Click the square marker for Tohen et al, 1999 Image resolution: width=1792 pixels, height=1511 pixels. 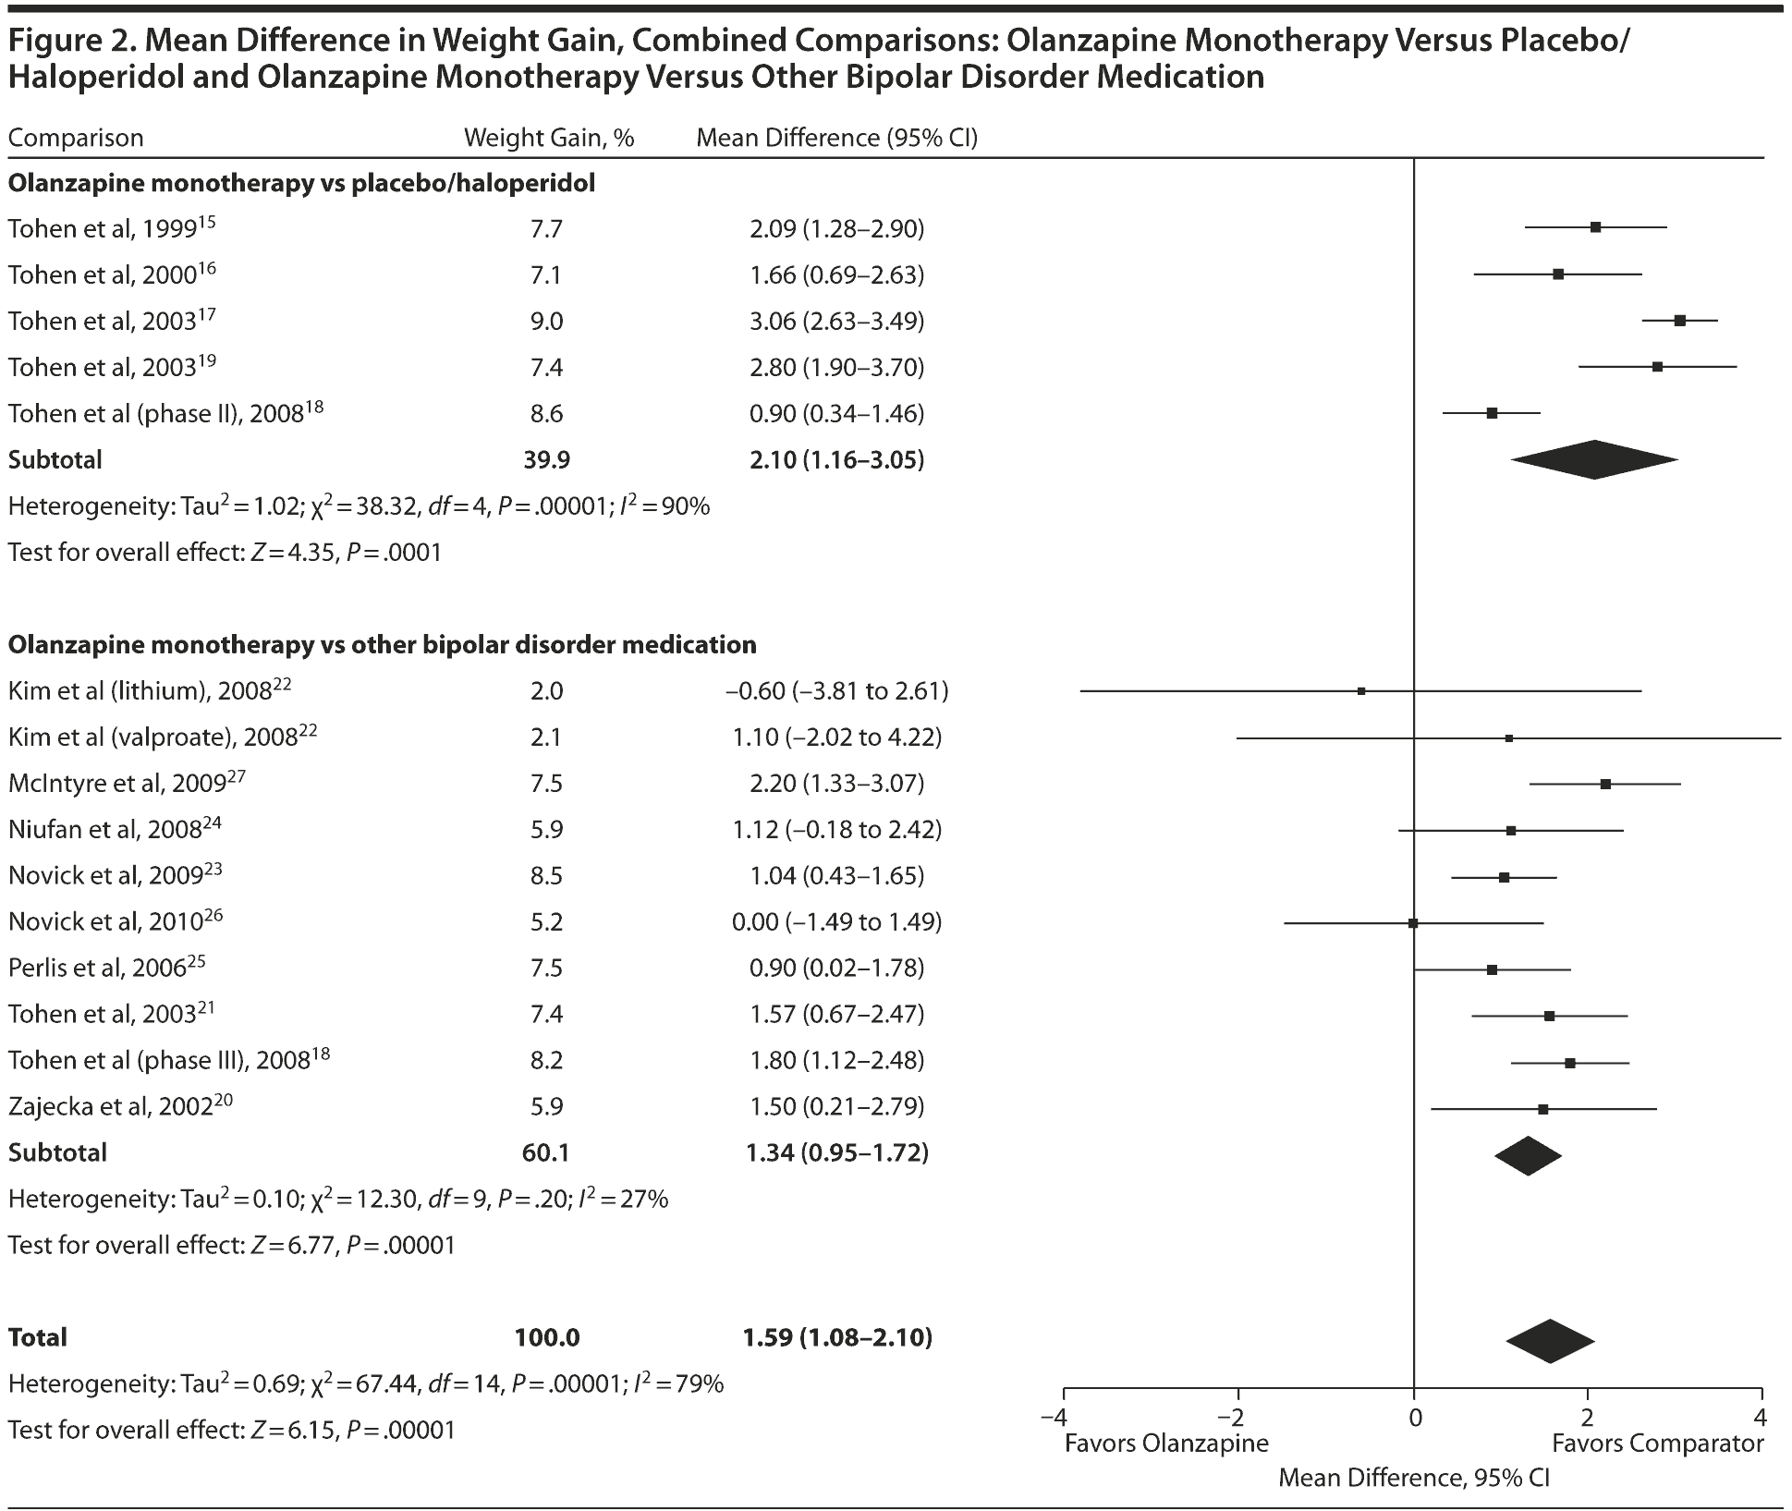[1595, 227]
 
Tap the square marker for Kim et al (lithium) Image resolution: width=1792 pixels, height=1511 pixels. [1361, 691]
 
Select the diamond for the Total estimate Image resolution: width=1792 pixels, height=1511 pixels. [1550, 1341]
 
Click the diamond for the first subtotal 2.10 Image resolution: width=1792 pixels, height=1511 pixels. [1594, 459]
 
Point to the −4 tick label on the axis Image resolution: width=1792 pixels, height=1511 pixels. [1054, 1417]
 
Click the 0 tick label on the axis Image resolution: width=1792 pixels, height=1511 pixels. [1414, 1417]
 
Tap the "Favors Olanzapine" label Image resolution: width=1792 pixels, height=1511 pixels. [1166, 1444]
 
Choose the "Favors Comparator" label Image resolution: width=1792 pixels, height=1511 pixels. [1658, 1444]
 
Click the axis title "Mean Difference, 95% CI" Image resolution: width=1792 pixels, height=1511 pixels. [1414, 1478]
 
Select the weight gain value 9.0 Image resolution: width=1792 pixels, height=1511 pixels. [546, 322]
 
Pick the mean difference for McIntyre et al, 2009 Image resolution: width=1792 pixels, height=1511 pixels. [836, 784]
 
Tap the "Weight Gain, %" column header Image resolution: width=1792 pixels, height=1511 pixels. [549, 139]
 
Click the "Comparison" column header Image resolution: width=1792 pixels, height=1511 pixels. [76, 139]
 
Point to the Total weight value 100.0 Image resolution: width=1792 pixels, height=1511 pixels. [547, 1338]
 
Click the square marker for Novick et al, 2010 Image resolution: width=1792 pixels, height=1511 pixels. [1413, 923]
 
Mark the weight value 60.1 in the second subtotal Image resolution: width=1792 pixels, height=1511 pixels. [546, 1153]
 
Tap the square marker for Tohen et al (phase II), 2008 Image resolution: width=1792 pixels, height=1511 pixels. [1492, 413]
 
